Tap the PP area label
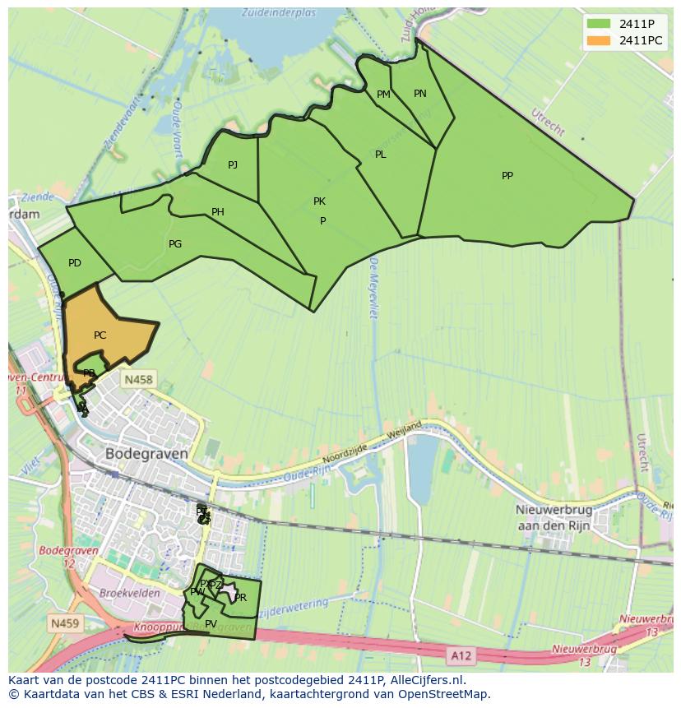pos(507,175)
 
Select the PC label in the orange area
pos(100,335)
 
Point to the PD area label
pos(75,263)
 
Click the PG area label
pos(175,244)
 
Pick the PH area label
pos(218,212)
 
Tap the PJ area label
pos(233,165)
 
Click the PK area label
pos(319,201)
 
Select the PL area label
pos(380,155)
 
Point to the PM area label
pos(383,95)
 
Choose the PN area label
pos(419,94)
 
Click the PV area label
pos(211,624)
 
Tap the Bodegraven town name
pos(146,453)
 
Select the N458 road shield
pos(137,379)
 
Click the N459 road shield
pos(65,623)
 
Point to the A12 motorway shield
pos(461,655)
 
